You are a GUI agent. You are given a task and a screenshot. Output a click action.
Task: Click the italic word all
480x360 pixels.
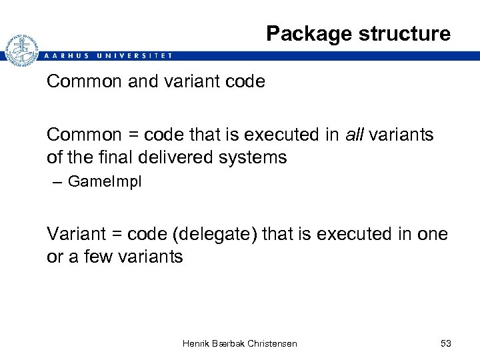point(355,135)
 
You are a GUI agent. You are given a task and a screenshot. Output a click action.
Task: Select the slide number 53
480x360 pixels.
point(445,343)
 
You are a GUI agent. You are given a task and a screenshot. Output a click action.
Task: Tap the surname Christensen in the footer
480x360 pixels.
point(271,343)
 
